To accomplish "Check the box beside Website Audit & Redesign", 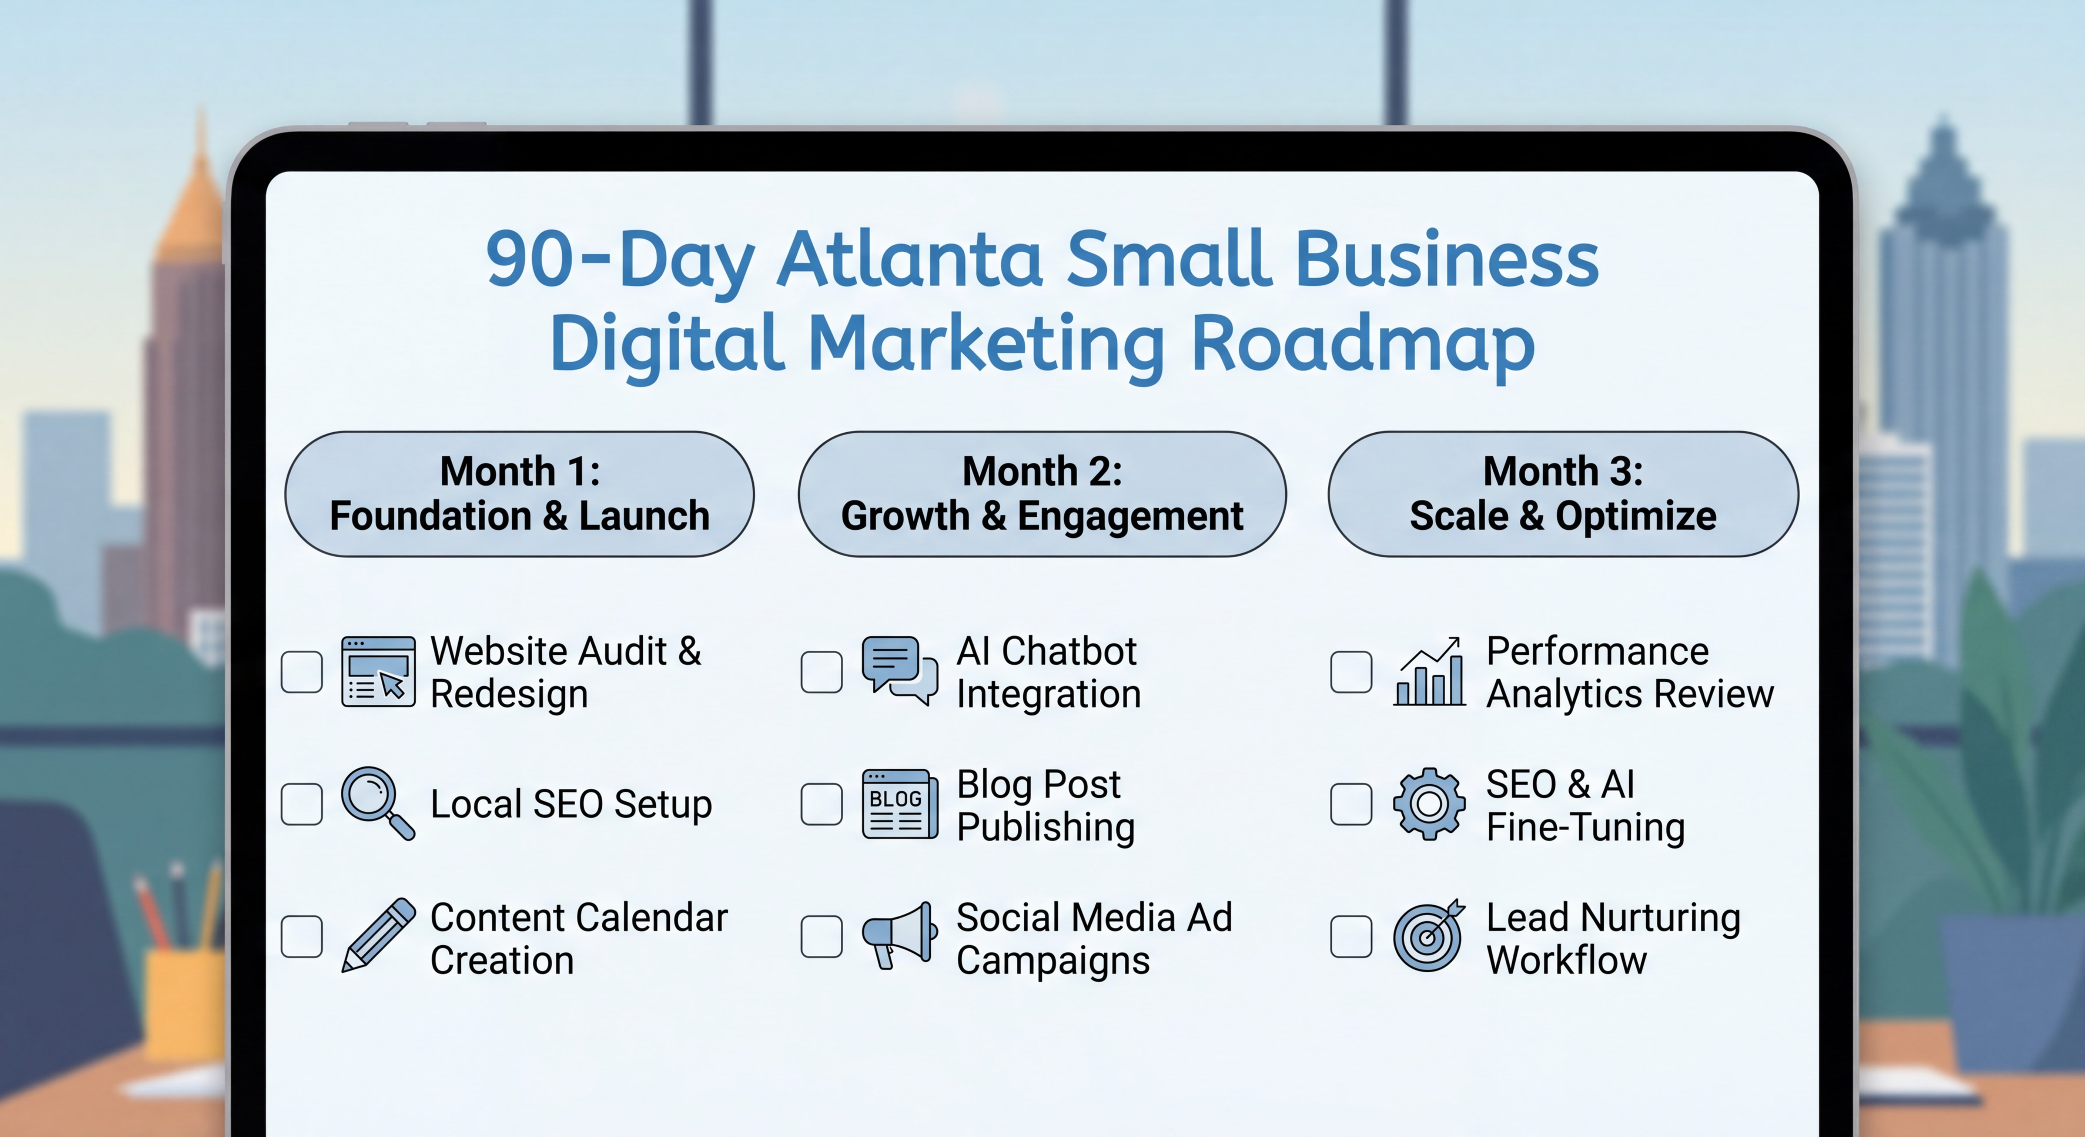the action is pos(302,672).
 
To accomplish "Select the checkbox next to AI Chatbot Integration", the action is pos(821,672).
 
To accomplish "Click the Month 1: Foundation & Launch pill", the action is pos(520,494).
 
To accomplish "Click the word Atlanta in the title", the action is pos(909,259).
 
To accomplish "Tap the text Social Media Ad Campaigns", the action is pos(1094,939).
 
